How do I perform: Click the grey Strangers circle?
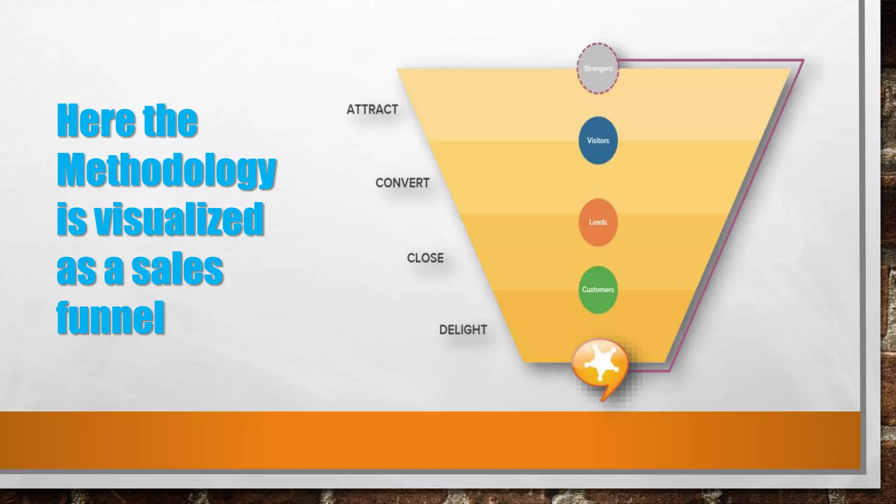click(598, 68)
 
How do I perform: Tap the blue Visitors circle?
click(598, 140)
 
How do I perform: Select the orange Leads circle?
click(598, 222)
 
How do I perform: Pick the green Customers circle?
click(598, 290)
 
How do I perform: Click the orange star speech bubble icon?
click(600, 363)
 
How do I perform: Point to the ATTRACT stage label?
click(372, 109)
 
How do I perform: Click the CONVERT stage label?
click(402, 183)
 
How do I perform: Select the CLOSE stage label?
click(425, 258)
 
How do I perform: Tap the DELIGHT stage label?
click(463, 329)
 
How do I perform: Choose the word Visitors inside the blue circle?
click(598, 140)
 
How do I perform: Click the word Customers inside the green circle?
click(598, 290)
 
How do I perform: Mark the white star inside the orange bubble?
click(600, 361)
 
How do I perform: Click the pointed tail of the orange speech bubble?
click(604, 395)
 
